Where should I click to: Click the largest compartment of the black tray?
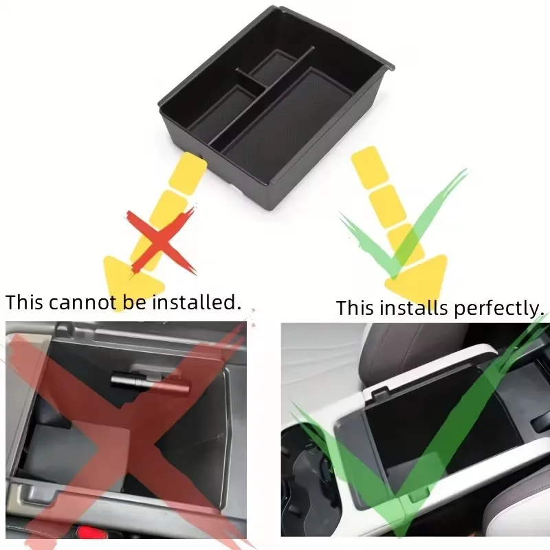click(289, 117)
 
